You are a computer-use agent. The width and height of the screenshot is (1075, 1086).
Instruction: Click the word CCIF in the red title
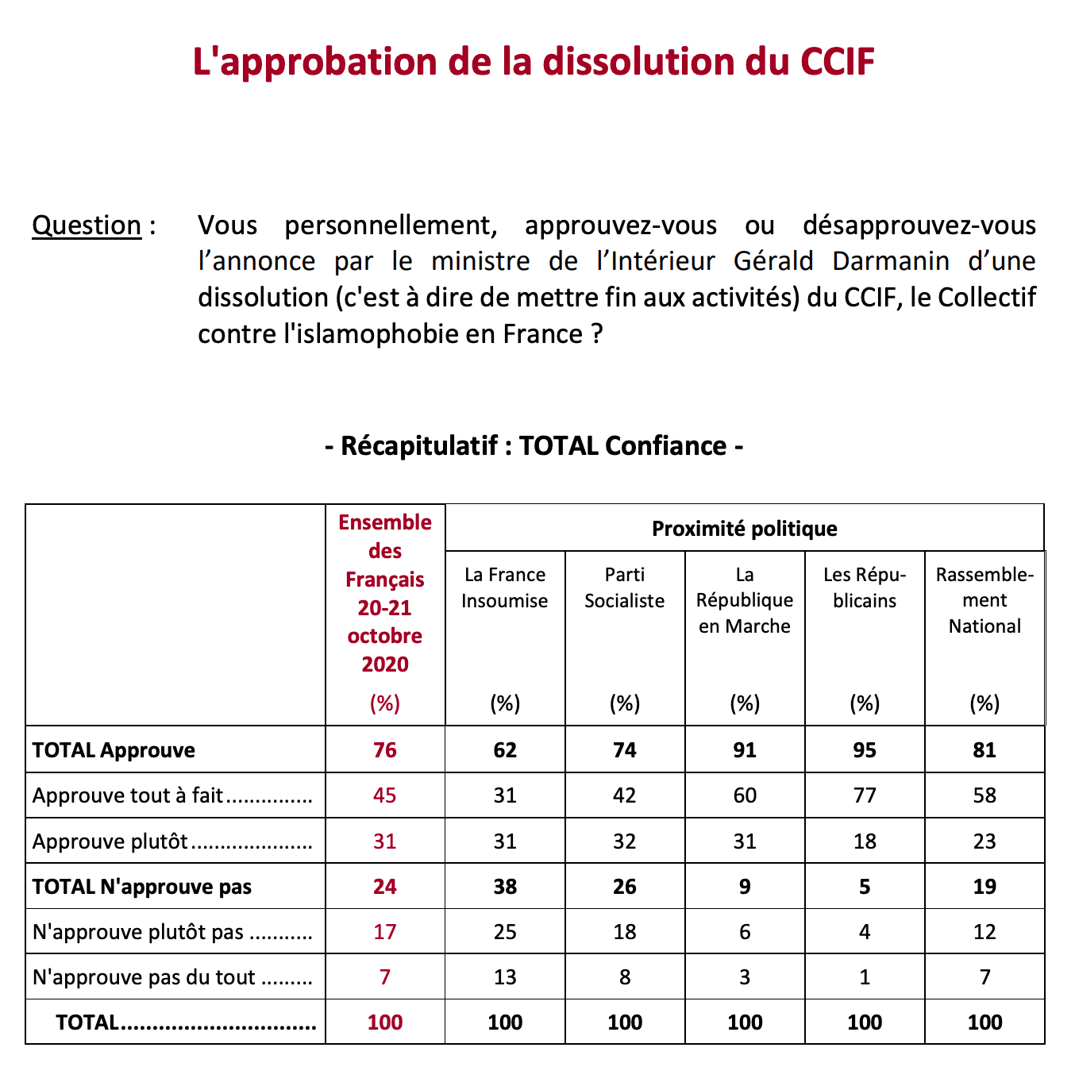pos(837,62)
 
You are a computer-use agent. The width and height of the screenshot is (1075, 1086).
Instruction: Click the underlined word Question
pos(87,225)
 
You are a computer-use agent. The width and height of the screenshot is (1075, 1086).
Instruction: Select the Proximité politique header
pos(744,529)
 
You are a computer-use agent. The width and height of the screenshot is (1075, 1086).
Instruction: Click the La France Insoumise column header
pos(505,587)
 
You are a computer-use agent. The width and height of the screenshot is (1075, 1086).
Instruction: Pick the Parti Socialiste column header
pos(625,587)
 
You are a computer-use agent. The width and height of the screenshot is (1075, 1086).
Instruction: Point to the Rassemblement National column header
pos(984,600)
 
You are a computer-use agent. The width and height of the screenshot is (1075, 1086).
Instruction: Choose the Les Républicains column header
pos(865,587)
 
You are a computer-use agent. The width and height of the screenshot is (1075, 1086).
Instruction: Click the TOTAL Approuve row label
pos(114,750)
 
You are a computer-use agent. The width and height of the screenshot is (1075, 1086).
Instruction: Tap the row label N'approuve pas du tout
pos(144,977)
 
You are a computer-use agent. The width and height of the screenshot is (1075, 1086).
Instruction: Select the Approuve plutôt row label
pos(110,841)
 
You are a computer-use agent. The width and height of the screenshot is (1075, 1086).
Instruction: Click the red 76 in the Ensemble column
pos(385,750)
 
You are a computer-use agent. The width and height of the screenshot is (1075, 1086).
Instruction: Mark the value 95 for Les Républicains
pos(865,750)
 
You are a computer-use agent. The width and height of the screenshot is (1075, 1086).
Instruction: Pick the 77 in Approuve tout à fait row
pos(865,795)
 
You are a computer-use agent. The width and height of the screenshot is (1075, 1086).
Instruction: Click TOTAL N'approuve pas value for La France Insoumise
pos(505,887)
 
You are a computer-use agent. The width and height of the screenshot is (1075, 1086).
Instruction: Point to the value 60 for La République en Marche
pos(745,795)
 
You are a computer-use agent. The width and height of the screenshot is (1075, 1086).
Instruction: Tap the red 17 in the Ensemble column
pos(385,932)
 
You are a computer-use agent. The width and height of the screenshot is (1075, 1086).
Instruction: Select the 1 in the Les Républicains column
pos(865,977)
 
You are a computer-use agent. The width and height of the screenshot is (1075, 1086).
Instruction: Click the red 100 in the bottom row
pos(385,1022)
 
